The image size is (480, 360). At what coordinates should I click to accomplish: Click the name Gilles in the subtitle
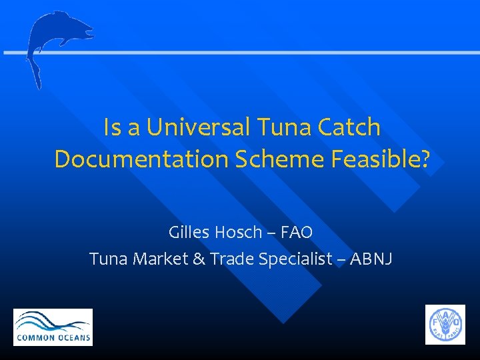click(187, 233)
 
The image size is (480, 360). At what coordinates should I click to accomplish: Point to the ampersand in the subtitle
click(198, 259)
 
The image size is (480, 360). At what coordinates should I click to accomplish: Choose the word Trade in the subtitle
click(231, 259)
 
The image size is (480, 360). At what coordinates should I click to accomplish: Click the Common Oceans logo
click(53, 327)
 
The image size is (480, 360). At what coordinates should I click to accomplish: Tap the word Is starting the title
click(111, 127)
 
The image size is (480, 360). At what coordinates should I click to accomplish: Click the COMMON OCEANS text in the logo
click(53, 337)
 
